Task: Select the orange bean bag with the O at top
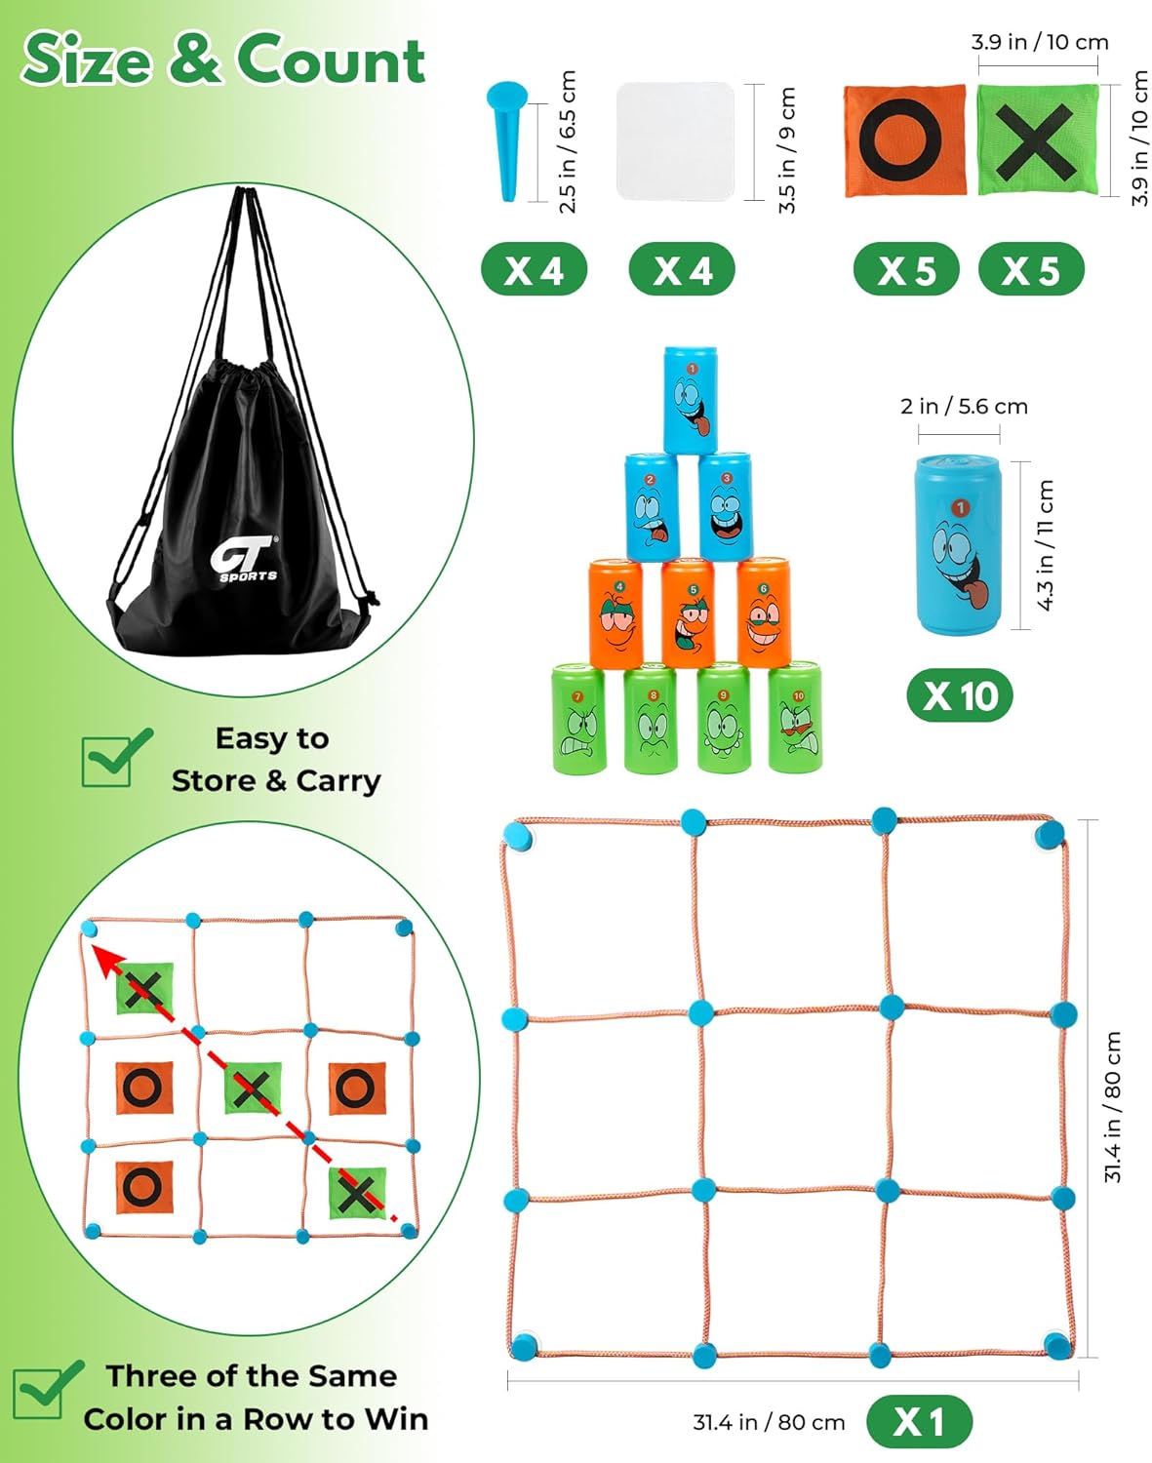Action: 904,140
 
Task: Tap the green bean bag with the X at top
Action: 1037,139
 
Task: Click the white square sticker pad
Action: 675,140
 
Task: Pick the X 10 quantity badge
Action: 960,695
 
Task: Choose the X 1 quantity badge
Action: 919,1421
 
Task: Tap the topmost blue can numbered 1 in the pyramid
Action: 691,400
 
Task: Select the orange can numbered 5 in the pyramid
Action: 688,613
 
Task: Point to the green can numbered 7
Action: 578,719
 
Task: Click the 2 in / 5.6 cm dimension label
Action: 964,406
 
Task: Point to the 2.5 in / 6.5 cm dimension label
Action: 568,141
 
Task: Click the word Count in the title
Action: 331,61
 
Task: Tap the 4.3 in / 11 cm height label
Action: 1046,545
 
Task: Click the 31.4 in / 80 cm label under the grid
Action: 769,1422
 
